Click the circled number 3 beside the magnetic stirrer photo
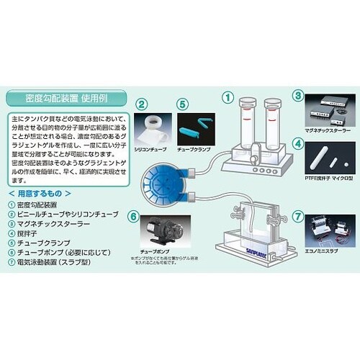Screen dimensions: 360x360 click(297, 95)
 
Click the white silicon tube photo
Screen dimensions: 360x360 click(153, 127)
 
